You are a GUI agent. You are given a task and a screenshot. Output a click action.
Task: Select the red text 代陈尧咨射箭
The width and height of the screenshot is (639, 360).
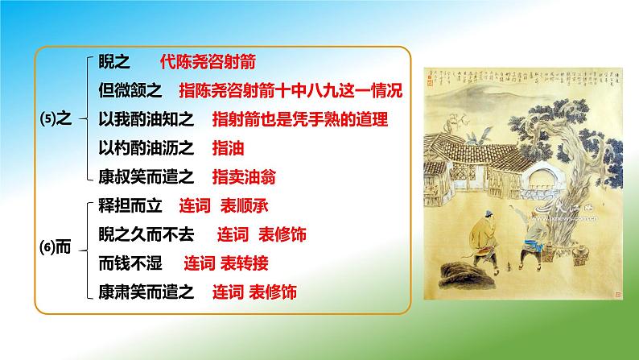tap(207, 62)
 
